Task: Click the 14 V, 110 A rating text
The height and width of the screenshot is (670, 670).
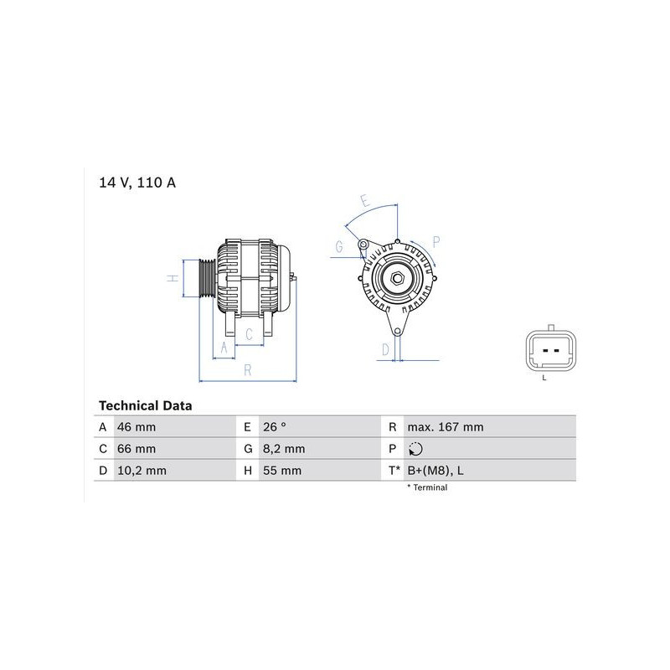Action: coord(137,183)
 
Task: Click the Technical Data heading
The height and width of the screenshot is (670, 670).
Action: coord(145,405)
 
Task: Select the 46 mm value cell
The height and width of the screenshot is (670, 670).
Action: coord(137,427)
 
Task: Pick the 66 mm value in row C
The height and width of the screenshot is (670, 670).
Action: coord(137,449)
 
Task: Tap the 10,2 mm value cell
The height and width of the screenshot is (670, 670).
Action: coord(142,471)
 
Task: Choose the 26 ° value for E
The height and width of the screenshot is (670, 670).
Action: coord(275,427)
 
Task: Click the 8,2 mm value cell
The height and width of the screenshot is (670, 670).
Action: coord(284,449)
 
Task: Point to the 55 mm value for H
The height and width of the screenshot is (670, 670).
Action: coord(282,471)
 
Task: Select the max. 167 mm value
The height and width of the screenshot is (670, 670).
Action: coord(446,427)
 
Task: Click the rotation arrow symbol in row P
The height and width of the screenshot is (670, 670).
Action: coord(415,449)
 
